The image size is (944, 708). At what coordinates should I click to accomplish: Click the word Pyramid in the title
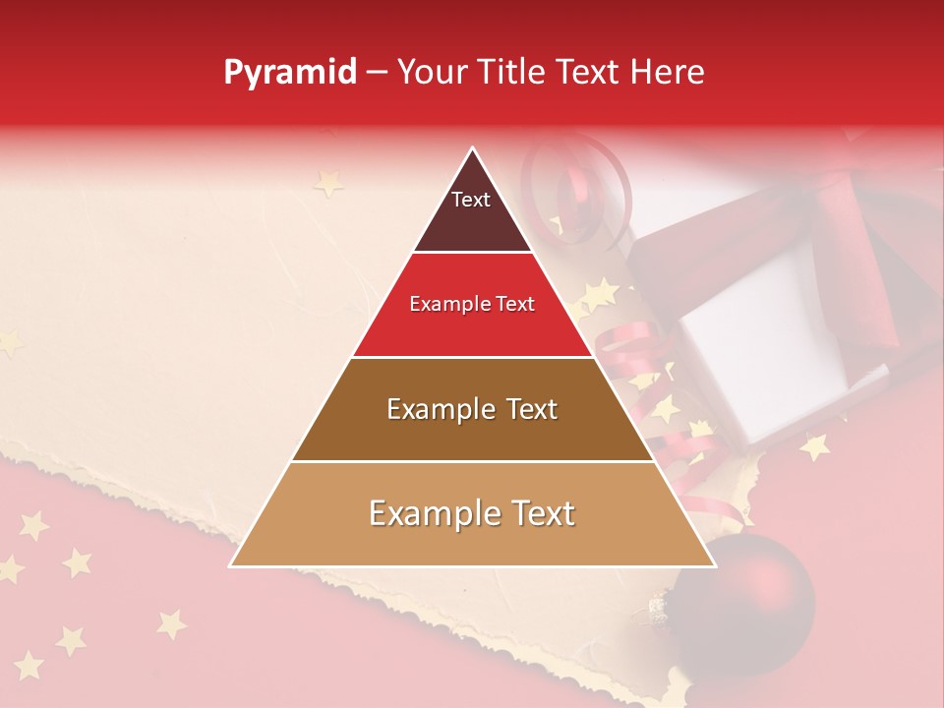click(290, 73)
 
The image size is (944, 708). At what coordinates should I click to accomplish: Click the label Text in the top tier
click(471, 200)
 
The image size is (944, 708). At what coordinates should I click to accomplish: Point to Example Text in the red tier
click(472, 304)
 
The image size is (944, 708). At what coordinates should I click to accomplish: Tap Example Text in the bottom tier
click(472, 513)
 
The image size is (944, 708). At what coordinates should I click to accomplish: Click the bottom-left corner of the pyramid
click(231, 565)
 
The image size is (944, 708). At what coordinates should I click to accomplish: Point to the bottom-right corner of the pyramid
click(714, 565)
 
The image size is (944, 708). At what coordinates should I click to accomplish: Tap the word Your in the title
click(431, 72)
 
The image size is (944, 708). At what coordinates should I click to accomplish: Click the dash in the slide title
click(376, 73)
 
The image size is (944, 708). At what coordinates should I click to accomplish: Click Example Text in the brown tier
click(472, 409)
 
